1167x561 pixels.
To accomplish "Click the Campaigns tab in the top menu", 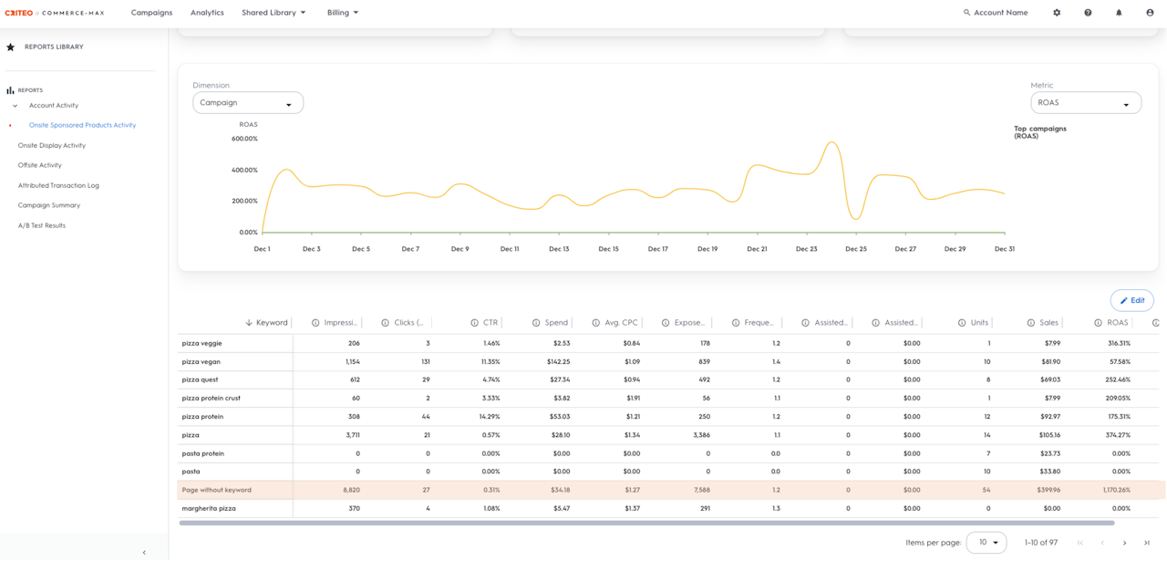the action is [151, 13].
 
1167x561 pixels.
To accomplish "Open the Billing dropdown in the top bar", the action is [342, 13].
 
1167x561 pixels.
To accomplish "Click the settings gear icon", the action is [1057, 13].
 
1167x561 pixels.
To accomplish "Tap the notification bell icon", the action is [1119, 13].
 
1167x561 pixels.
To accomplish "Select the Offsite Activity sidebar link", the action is [39, 165].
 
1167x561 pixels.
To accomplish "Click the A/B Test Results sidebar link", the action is [42, 225].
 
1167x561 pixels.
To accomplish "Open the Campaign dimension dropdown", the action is [248, 103].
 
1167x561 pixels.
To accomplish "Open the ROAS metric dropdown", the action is [1086, 103].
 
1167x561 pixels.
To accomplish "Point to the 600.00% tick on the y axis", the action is [244, 139].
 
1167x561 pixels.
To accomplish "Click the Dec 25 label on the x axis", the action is [856, 249].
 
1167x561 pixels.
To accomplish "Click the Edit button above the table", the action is [1131, 300].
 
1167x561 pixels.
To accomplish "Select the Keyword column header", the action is [272, 323].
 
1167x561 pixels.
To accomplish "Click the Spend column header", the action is [556, 323].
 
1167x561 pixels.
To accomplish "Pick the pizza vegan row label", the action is [201, 362].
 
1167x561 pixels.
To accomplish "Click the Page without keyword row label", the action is [216, 490].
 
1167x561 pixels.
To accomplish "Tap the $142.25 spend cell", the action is [559, 362].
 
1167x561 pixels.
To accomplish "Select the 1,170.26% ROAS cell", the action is [1117, 490].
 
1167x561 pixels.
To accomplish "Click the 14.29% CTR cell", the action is [490, 417].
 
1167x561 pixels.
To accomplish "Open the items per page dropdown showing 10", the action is [986, 542].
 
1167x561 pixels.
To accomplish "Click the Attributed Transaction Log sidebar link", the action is [58, 185].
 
